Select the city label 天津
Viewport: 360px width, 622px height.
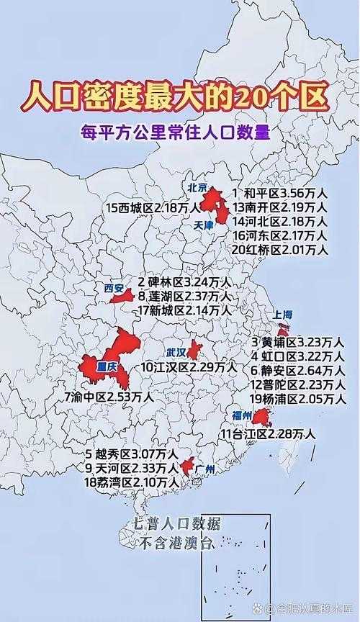click(x=204, y=225)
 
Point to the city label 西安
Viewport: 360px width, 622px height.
click(x=114, y=287)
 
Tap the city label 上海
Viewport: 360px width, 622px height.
click(x=282, y=315)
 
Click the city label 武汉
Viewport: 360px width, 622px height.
click(x=176, y=352)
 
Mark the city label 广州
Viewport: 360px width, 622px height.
click(x=205, y=469)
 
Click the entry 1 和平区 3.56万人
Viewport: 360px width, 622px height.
click(x=279, y=193)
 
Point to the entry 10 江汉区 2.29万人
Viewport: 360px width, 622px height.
click(x=189, y=367)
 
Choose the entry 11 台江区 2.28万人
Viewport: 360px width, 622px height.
click(x=268, y=433)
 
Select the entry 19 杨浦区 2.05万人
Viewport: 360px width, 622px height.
click(x=297, y=398)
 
